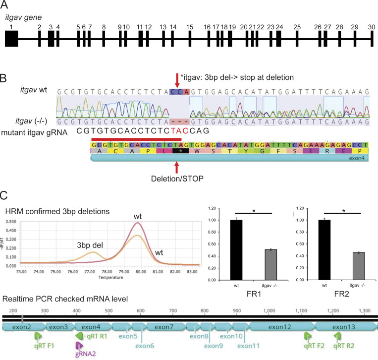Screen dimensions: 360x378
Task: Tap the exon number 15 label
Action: tap(189, 26)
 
